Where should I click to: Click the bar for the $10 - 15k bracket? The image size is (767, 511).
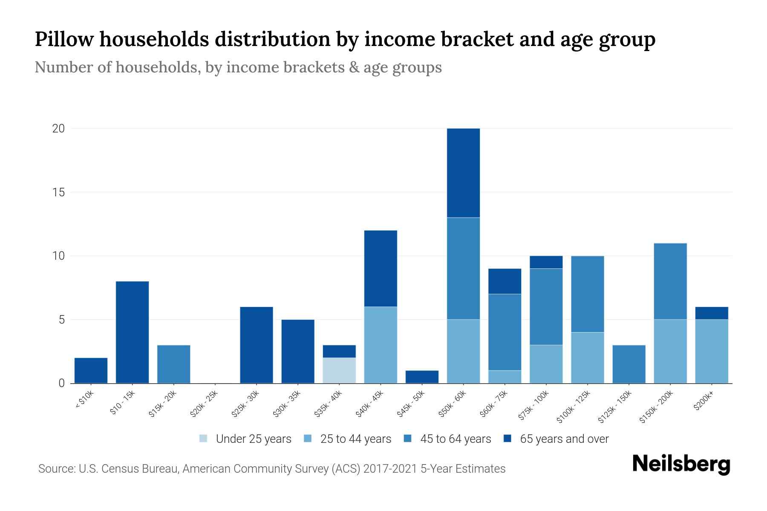[132, 332]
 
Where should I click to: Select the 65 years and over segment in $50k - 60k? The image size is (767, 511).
[463, 173]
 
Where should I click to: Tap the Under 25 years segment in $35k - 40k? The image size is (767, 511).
[339, 370]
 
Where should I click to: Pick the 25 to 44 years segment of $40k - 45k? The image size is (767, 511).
[381, 345]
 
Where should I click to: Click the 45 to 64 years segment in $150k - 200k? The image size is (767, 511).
[670, 281]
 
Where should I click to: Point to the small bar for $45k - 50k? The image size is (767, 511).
[422, 377]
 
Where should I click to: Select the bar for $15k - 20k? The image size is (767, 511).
[173, 364]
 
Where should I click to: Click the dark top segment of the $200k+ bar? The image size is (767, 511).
[711, 313]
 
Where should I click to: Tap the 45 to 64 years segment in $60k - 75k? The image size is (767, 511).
[505, 332]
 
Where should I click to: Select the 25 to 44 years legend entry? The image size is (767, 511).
[347, 439]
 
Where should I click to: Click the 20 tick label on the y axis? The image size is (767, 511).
[58, 129]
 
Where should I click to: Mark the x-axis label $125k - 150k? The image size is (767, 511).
[614, 407]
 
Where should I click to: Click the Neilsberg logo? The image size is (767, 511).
[681, 464]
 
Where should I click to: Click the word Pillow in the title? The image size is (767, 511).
[64, 39]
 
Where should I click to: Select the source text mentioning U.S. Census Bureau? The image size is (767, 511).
[271, 469]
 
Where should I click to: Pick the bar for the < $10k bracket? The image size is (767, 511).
[91, 370]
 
